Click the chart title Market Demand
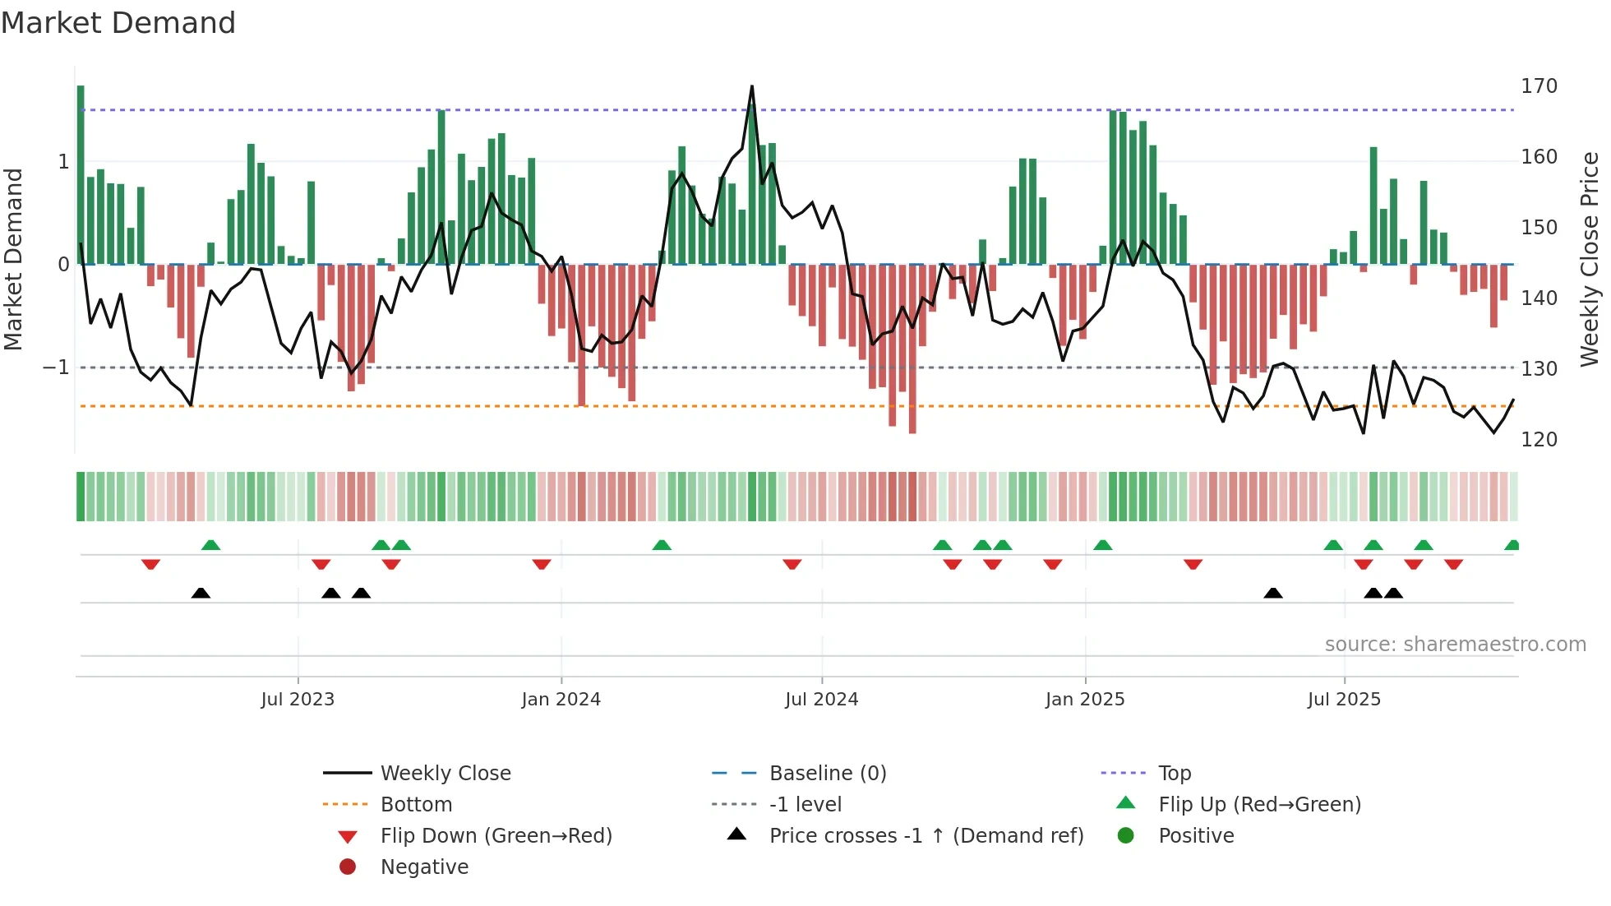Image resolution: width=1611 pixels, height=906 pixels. coord(118,22)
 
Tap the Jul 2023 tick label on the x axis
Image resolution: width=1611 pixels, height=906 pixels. coord(298,699)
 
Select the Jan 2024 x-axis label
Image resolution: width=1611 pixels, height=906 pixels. coord(561,699)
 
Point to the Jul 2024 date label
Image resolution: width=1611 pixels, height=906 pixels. coord(821,699)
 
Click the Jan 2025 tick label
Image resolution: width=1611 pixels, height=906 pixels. coord(1085,699)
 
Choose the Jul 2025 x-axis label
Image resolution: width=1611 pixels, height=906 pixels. coord(1344,699)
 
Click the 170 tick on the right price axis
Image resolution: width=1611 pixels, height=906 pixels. coord(1539,86)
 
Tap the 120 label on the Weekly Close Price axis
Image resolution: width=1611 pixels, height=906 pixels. coord(1539,439)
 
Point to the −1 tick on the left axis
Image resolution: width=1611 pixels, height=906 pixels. coord(56,367)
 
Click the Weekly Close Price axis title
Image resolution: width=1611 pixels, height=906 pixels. coord(1590,259)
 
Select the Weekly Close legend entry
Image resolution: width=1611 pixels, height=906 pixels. coord(445,773)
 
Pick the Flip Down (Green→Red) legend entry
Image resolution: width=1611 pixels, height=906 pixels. coord(496,835)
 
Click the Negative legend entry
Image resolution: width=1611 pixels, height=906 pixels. coord(424,867)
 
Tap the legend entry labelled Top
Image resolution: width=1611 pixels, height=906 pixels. coord(1174,773)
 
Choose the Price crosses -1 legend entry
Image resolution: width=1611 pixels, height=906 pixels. coord(926,835)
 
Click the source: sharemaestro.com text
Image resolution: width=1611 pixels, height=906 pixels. coord(1455,644)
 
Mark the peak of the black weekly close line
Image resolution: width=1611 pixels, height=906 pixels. coord(751,86)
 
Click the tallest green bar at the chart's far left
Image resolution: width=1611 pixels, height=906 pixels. coord(81,173)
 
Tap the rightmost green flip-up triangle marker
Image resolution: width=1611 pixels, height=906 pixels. coord(1512,545)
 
